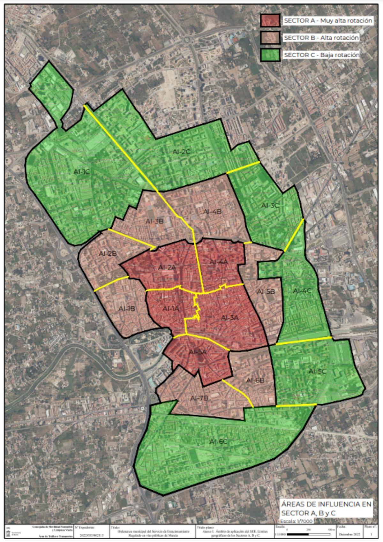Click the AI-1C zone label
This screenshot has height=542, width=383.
coord(82,172)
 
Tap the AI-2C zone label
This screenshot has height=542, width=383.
coord(181,152)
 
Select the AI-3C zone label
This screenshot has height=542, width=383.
coord(270,205)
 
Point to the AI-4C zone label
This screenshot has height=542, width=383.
coord(302,291)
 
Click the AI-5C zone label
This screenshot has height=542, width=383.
coord(317,371)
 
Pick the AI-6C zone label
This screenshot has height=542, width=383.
coord(218,441)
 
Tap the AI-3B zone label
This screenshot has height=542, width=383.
coord(154,221)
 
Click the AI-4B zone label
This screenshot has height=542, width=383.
coord(212,212)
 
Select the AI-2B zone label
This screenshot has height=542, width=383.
coord(108,253)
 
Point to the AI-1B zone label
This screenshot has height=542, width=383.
coord(127,309)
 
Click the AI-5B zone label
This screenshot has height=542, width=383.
coord(266,291)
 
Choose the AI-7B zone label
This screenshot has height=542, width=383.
coord(199,398)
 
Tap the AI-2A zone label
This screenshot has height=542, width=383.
coord(167,267)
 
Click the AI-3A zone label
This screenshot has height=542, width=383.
coord(230,317)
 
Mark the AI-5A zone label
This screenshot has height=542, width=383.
coord(198,352)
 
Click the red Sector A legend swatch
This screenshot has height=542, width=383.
coord(270,20)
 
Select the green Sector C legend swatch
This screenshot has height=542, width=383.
coord(270,55)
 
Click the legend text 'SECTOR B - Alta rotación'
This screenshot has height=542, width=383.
coord(321,38)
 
